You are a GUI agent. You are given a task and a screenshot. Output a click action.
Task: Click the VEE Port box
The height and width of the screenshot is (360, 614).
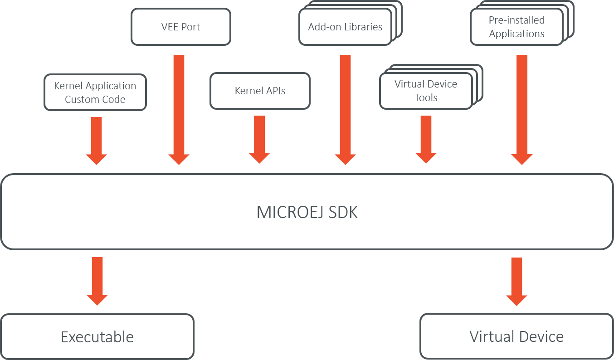(181, 27)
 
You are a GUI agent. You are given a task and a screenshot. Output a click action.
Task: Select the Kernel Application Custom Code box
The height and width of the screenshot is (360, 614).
(95, 92)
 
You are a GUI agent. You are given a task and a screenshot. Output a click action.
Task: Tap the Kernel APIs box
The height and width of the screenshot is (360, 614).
(260, 91)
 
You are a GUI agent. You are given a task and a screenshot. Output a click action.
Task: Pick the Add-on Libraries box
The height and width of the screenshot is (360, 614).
(345, 27)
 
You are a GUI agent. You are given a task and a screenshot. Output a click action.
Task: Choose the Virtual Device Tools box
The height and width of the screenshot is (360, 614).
(426, 91)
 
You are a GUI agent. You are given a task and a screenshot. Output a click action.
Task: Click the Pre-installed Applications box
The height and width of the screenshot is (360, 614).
(517, 27)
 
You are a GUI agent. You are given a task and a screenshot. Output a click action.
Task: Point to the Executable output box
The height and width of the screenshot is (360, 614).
(97, 337)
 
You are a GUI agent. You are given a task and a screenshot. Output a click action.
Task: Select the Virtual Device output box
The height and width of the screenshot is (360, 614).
(517, 336)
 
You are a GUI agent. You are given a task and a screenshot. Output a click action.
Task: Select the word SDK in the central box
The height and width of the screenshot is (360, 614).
(343, 213)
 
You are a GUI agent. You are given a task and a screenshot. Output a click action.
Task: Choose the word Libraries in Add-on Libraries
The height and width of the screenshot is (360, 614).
(362, 27)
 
